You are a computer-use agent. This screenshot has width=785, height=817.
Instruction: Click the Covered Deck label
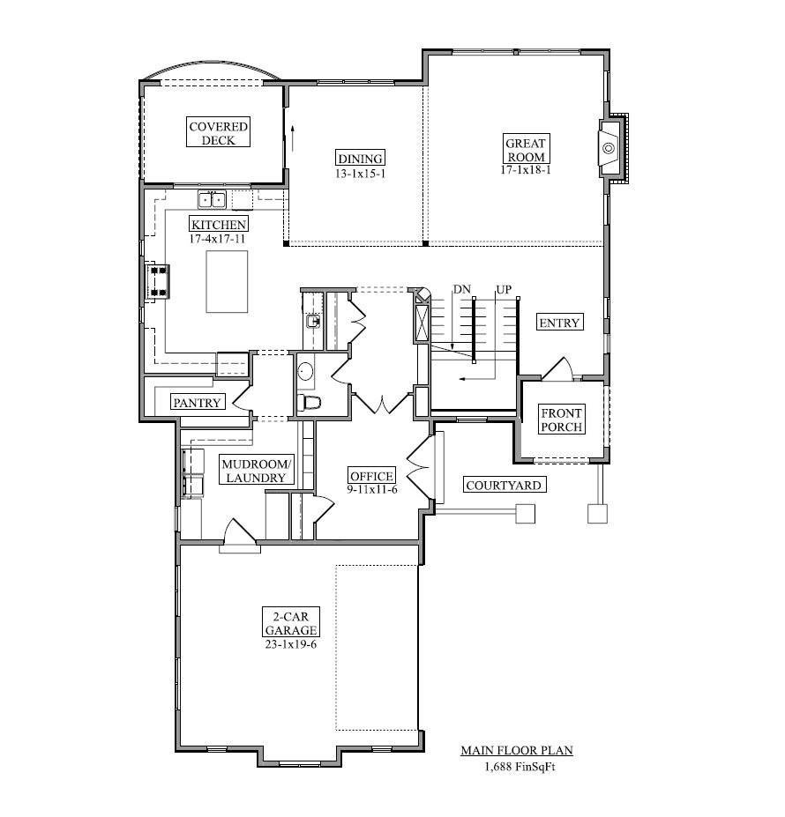tap(219, 133)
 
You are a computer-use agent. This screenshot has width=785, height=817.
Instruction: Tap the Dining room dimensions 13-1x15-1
tap(361, 174)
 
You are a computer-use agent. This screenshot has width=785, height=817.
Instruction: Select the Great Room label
tap(525, 149)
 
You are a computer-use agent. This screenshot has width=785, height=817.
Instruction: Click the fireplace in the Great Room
tap(609, 147)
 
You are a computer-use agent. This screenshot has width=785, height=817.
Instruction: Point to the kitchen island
tap(227, 281)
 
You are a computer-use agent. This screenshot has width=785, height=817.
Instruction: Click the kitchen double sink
tap(212, 198)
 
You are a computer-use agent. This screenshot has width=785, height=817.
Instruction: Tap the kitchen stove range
tap(160, 280)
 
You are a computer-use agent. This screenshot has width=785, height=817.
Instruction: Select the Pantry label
tap(197, 402)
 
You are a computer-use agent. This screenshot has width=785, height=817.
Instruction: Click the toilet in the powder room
tap(310, 403)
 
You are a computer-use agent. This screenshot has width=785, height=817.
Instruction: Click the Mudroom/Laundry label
tap(255, 471)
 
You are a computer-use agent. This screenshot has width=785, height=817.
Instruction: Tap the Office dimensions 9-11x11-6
tap(371, 489)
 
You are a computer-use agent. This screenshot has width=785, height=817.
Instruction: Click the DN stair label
tap(461, 289)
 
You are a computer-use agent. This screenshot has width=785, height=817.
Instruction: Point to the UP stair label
tap(504, 289)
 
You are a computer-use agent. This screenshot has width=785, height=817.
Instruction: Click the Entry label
tap(559, 323)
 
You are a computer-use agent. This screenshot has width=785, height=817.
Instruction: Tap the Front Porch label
tap(561, 420)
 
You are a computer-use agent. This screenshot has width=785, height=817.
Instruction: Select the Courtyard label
tap(503, 485)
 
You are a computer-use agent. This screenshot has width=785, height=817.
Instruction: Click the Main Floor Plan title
tap(517, 751)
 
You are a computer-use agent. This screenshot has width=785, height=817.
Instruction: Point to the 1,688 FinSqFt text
tap(519, 767)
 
